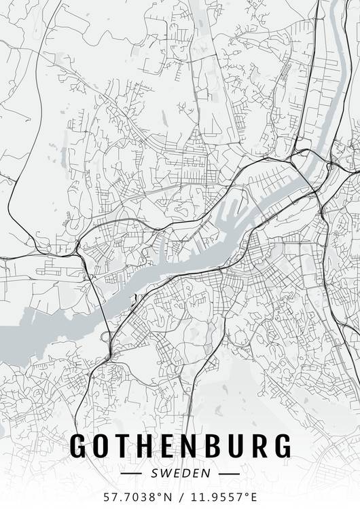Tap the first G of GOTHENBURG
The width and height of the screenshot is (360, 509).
pyautogui.click(x=81, y=445)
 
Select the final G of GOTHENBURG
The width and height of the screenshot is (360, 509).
pyautogui.click(x=281, y=445)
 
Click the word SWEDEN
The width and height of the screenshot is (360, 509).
pyautogui.click(x=181, y=472)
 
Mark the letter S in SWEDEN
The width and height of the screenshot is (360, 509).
pyautogui.click(x=156, y=472)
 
